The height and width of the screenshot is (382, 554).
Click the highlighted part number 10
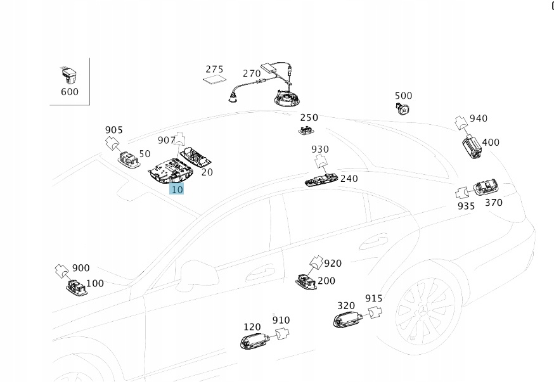[x=177, y=189]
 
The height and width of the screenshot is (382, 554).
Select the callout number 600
[x=70, y=92]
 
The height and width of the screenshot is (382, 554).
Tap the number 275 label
[x=215, y=70]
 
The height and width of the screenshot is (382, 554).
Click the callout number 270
[x=252, y=73]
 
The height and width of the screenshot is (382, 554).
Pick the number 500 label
[x=403, y=96]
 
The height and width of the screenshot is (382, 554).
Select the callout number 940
[x=479, y=118]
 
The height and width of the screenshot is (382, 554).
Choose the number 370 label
[x=493, y=203]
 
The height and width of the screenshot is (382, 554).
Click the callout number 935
[x=466, y=206]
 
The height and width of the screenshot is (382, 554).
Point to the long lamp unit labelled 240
[x=321, y=181]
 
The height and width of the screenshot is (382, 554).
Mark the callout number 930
[x=320, y=150]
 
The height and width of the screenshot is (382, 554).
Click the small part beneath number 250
[x=307, y=131]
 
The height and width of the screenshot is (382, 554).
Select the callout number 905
[x=113, y=130]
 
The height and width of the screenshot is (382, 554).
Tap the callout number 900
[x=81, y=268]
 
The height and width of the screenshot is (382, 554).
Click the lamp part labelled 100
[x=77, y=289]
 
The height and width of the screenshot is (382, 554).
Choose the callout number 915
[x=373, y=298]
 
